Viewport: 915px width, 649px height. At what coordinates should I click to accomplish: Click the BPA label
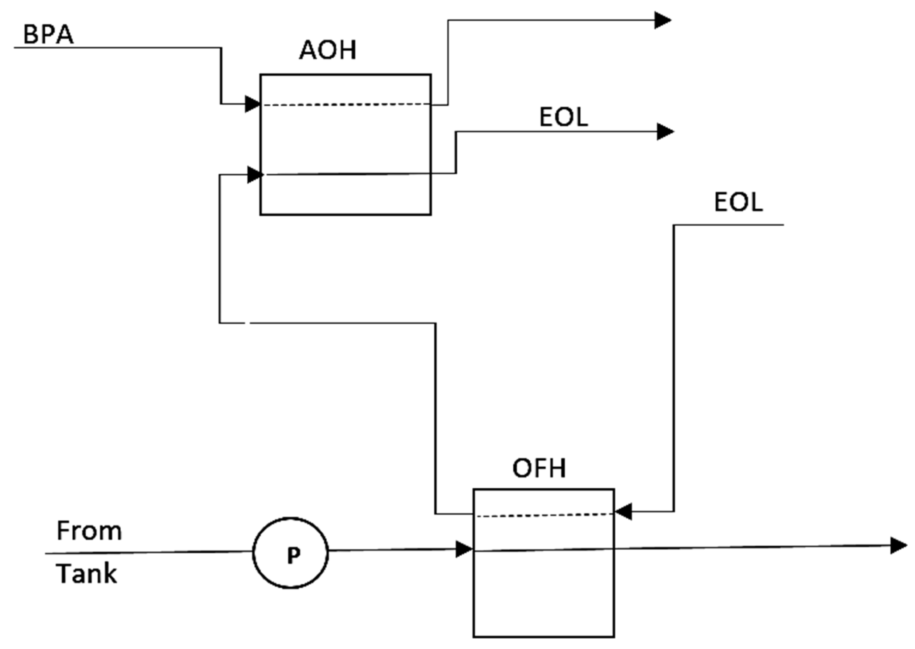click(x=48, y=34)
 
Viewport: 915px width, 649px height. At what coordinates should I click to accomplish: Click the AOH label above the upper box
click(x=327, y=50)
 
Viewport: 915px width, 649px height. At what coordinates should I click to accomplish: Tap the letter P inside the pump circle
click(x=293, y=555)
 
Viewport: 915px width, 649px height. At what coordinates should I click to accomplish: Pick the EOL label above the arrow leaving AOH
click(x=563, y=117)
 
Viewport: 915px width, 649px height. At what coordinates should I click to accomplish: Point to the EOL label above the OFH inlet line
click(x=738, y=202)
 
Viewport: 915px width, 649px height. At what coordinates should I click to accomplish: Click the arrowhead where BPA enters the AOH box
click(x=253, y=104)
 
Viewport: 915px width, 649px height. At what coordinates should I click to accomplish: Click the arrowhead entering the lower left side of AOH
click(x=255, y=175)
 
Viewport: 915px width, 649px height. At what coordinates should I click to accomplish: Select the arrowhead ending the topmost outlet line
click(x=662, y=20)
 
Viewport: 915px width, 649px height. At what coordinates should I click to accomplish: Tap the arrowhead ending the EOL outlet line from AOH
click(x=665, y=131)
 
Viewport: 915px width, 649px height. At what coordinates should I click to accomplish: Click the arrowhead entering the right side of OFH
click(x=623, y=512)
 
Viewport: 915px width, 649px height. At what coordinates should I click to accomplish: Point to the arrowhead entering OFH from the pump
click(x=464, y=550)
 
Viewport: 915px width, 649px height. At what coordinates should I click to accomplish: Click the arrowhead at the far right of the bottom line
click(x=899, y=546)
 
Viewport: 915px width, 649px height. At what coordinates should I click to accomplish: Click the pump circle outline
click(x=253, y=553)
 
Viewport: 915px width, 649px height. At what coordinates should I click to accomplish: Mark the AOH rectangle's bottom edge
click(x=345, y=215)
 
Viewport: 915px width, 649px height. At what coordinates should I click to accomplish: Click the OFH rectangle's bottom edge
click(x=543, y=636)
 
